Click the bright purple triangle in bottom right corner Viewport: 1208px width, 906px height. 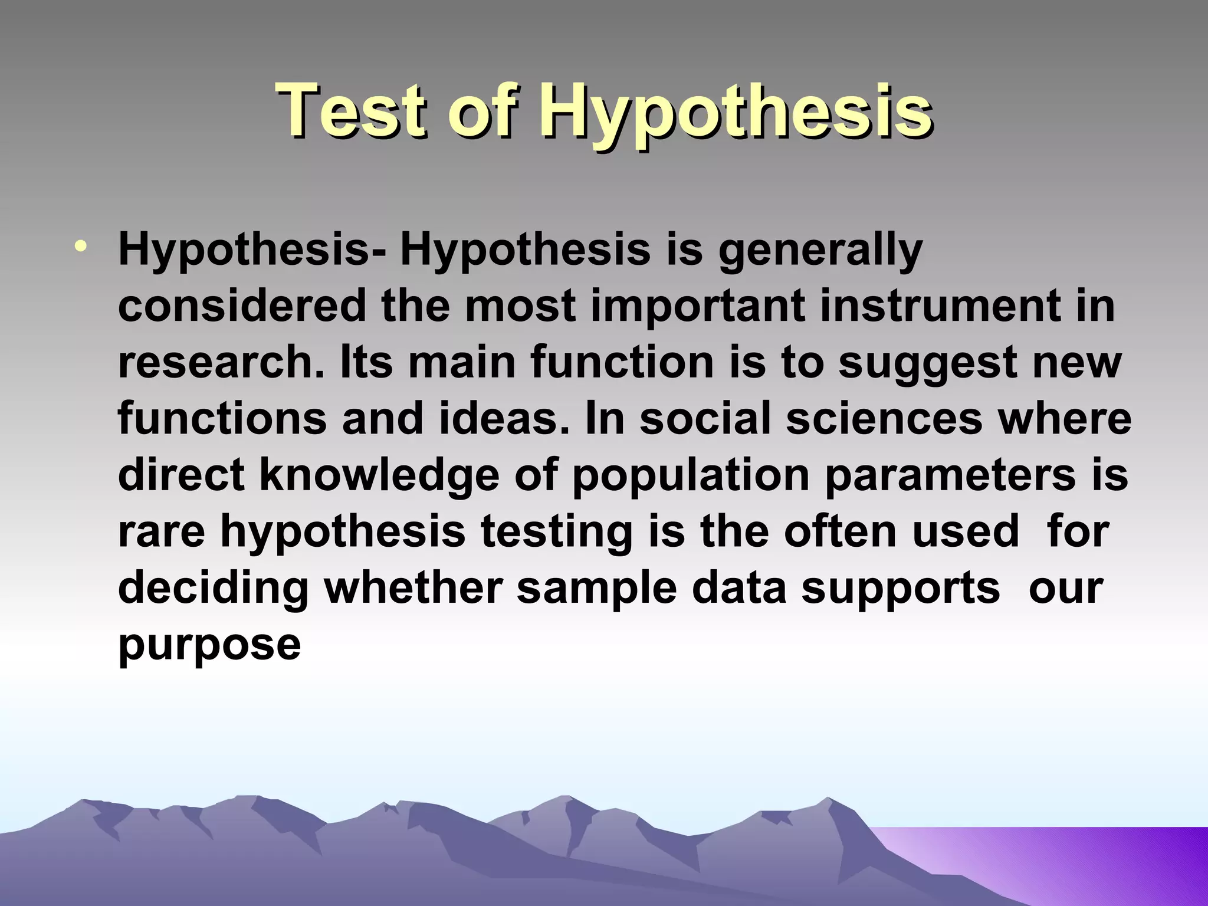click(x=1091, y=861)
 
